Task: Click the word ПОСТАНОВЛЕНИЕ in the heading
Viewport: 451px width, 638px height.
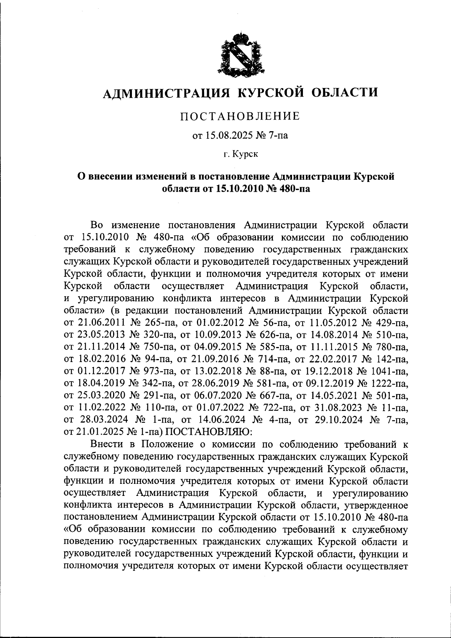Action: (241, 116)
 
